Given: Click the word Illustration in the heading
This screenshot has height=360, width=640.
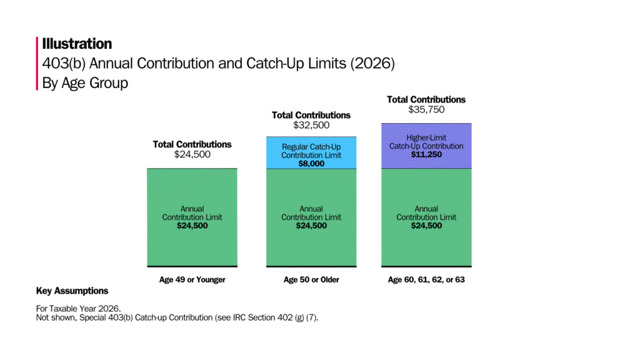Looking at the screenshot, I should (77, 44).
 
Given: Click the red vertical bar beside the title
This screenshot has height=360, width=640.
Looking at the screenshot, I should (37, 63).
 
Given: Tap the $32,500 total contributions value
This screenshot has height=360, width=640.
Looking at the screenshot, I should (311, 126).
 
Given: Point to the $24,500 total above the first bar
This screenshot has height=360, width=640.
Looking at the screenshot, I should (192, 154).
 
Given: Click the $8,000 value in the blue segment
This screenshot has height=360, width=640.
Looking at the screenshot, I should (311, 164).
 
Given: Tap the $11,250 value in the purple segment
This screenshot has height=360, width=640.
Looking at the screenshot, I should (426, 154).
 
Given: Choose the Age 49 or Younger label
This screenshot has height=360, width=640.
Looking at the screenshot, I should (192, 280).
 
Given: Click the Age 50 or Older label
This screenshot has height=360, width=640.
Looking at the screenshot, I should (311, 280).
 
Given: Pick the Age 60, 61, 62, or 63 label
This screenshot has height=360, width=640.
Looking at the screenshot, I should (426, 280).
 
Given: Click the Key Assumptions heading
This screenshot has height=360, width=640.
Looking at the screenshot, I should (72, 291).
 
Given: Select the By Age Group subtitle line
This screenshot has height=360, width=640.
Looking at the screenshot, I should (85, 82).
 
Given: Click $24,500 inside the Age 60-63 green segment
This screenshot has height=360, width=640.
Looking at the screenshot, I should (426, 226).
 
